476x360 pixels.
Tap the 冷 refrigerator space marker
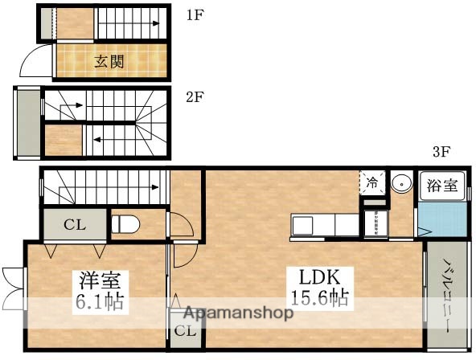click(371, 182)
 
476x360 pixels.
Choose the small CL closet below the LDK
click(185, 331)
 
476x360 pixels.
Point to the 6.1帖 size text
click(100, 305)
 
